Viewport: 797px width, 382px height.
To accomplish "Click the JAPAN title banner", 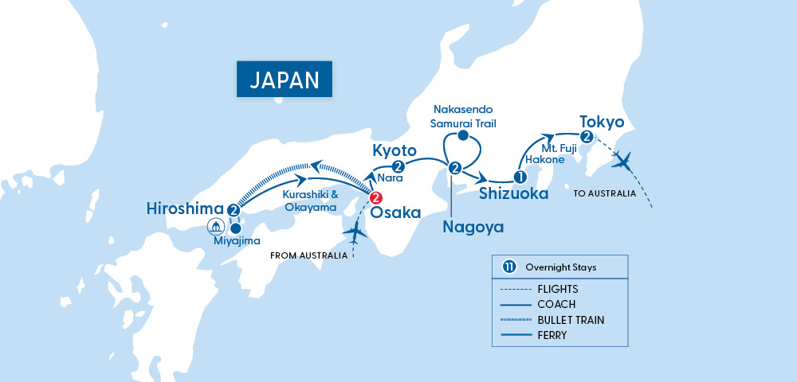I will point(285,79).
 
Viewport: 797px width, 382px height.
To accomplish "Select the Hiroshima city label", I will point(185,209).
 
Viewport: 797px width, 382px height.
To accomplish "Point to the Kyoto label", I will point(395,150).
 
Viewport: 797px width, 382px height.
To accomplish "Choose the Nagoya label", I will point(473,227).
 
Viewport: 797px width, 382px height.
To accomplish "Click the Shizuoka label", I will point(514,193).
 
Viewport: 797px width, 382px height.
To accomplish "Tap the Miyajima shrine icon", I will point(216,227).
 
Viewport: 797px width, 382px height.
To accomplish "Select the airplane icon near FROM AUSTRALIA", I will point(354,234).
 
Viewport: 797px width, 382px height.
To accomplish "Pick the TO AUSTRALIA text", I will point(605,194).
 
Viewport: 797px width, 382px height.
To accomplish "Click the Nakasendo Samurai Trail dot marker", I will point(463,136).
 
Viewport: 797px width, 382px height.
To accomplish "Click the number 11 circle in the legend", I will point(508,267).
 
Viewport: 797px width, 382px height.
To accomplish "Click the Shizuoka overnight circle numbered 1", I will point(519,177).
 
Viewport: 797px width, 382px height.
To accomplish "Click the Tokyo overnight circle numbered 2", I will point(587,137).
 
